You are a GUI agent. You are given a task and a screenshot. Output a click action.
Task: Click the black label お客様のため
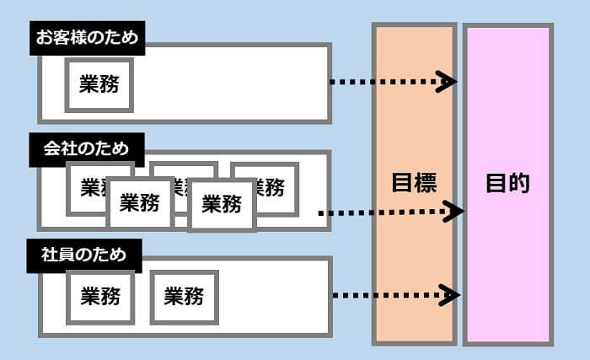[86, 38]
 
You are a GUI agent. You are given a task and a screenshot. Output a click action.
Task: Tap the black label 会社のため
[86, 148]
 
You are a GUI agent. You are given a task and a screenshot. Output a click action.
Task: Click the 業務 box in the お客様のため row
[99, 84]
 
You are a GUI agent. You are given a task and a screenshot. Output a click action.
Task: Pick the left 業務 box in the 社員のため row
[100, 296]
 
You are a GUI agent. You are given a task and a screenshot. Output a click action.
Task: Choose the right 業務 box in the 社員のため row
[184, 296]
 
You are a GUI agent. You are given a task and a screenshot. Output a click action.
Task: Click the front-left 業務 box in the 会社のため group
[140, 203]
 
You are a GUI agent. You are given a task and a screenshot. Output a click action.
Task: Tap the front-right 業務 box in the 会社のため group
[222, 204]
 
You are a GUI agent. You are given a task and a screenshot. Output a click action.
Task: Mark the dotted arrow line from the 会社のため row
[379, 212]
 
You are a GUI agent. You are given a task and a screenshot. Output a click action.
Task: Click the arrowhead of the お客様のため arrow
[448, 82]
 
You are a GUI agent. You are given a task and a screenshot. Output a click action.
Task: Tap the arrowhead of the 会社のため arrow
[455, 211]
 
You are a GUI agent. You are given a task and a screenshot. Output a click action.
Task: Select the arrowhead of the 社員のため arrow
[451, 295]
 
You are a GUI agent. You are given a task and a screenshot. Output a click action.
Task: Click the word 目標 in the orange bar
[414, 183]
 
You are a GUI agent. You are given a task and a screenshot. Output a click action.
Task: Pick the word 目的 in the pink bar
[507, 183]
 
